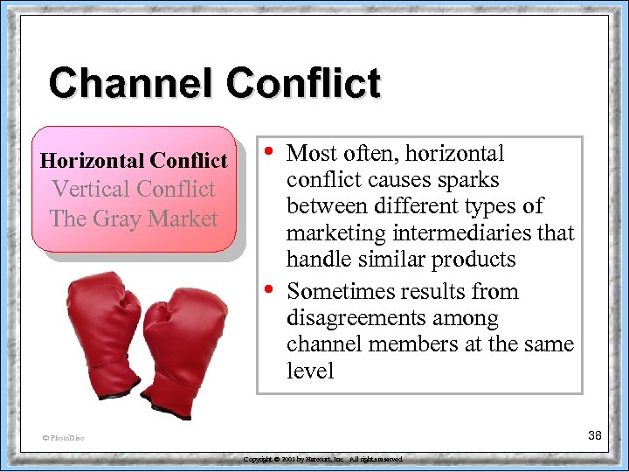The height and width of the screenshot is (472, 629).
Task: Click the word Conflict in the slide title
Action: [x=303, y=84]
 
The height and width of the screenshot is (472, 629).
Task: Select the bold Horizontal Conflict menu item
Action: [x=134, y=161]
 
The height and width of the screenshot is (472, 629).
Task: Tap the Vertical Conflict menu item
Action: [x=134, y=189]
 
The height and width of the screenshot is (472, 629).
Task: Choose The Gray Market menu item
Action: [x=134, y=218]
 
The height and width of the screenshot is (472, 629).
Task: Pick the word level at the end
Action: [x=310, y=371]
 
